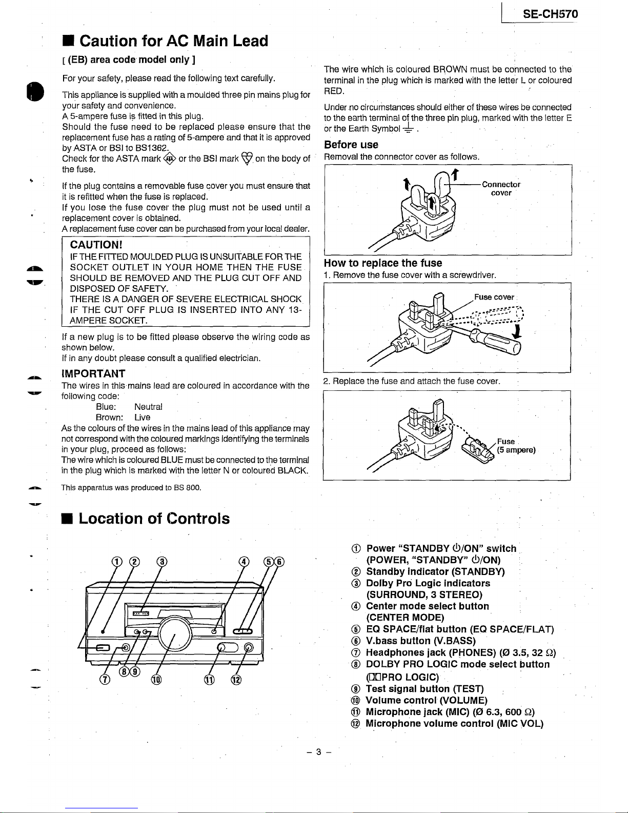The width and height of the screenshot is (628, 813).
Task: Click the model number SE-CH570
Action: pyautogui.click(x=550, y=14)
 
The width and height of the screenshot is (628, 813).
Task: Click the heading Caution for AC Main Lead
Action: pyautogui.click(x=174, y=41)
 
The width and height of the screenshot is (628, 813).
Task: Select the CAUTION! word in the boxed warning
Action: pyautogui.click(x=96, y=244)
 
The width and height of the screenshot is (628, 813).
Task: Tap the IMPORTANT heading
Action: pyautogui.click(x=93, y=373)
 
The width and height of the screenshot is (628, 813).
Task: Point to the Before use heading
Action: pyautogui.click(x=351, y=145)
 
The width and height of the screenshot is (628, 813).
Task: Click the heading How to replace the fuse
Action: pyautogui.click(x=382, y=263)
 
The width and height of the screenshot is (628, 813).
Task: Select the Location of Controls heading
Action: pyautogui.click(x=154, y=519)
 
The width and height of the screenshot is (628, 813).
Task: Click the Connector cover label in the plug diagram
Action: pyautogui.click(x=501, y=188)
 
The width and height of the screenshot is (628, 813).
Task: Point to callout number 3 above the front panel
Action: pyautogui.click(x=161, y=561)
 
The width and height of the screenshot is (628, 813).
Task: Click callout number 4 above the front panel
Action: pyautogui.click(x=244, y=561)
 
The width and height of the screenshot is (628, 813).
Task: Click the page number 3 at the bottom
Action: pyautogui.click(x=318, y=752)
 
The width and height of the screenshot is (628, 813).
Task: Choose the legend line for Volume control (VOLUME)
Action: pyautogui.click(x=427, y=700)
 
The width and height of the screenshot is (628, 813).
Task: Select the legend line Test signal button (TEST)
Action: pyautogui.click(x=424, y=689)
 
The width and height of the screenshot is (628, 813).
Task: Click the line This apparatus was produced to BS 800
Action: pyautogui.click(x=131, y=487)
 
